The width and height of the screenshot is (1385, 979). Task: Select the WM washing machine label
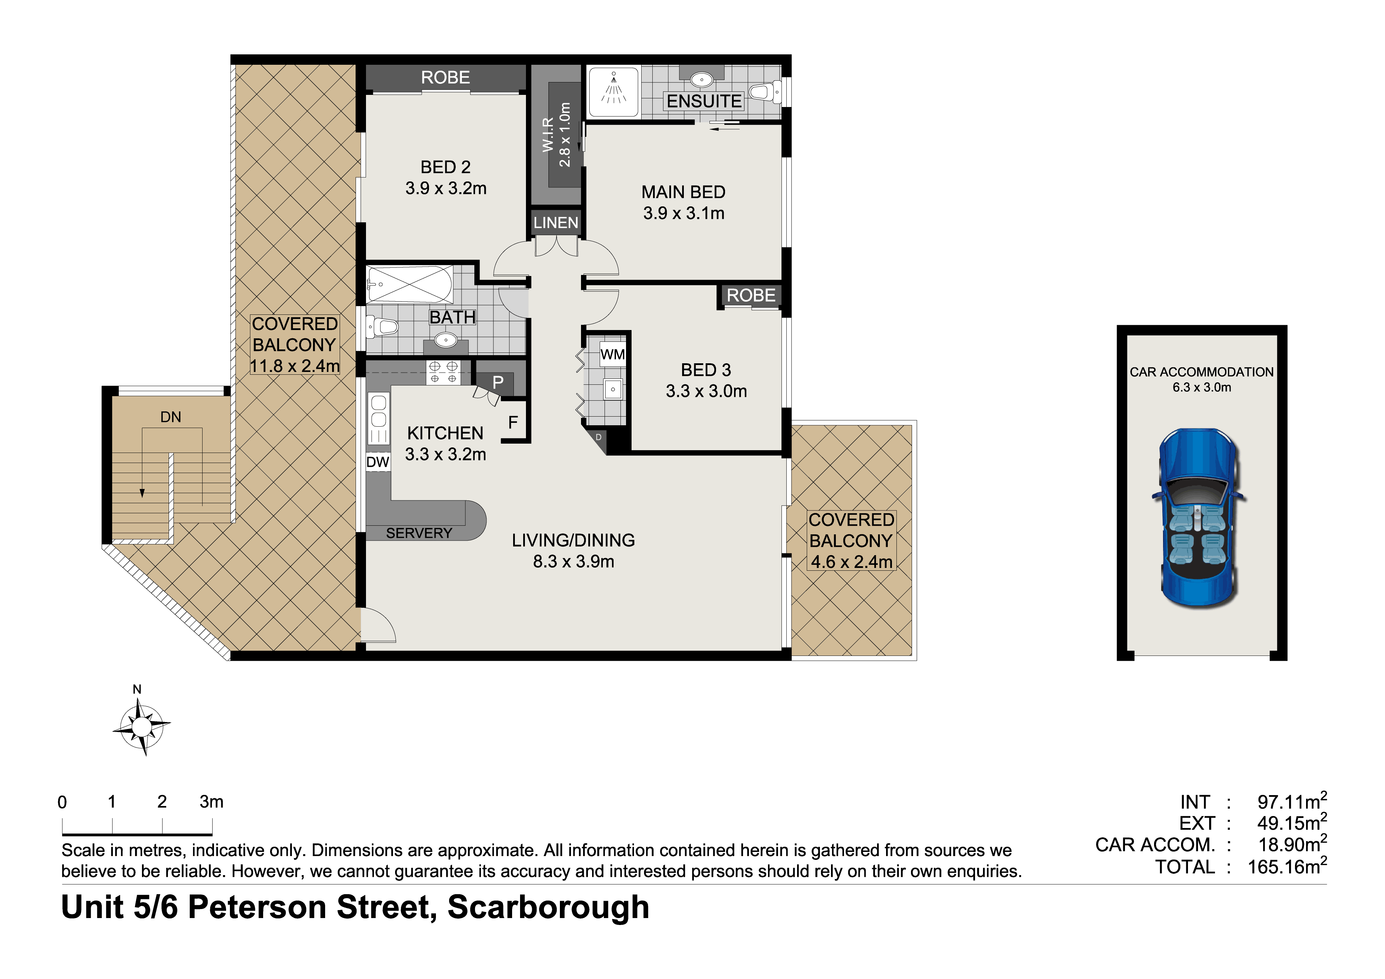click(x=612, y=354)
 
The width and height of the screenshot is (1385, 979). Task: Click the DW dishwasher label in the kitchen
click(x=378, y=462)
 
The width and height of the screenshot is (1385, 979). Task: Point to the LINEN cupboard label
click(x=556, y=223)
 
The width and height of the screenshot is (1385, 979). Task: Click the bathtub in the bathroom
click(x=410, y=284)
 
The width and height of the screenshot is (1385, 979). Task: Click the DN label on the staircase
click(x=171, y=417)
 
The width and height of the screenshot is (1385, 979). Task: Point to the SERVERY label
click(x=419, y=533)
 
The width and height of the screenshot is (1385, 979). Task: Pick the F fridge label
click(x=513, y=422)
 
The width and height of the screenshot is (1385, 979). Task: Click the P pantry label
click(x=498, y=382)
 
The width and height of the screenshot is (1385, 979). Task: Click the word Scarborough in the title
click(x=548, y=908)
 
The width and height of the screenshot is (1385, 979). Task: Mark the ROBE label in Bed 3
click(x=751, y=295)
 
